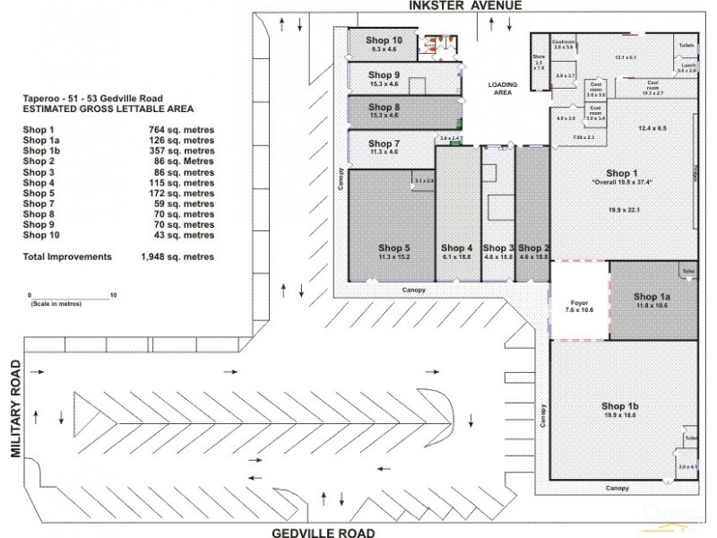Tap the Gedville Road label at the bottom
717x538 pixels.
click(324, 532)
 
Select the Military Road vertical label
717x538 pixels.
click(15, 410)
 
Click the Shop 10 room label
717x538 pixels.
click(385, 40)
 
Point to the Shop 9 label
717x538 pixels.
click(384, 74)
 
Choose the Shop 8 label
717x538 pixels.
click(384, 107)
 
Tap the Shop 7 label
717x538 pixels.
click(384, 143)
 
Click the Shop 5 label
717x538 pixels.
click(394, 248)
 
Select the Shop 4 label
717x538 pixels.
click(456, 248)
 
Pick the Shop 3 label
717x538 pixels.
click(497, 248)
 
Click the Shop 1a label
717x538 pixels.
click(652, 296)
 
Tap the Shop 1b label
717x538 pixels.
click(619, 406)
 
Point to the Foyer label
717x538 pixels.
click(579, 303)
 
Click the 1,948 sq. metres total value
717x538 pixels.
click(177, 256)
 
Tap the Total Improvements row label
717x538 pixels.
click(67, 256)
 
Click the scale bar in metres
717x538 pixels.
click(71, 297)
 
